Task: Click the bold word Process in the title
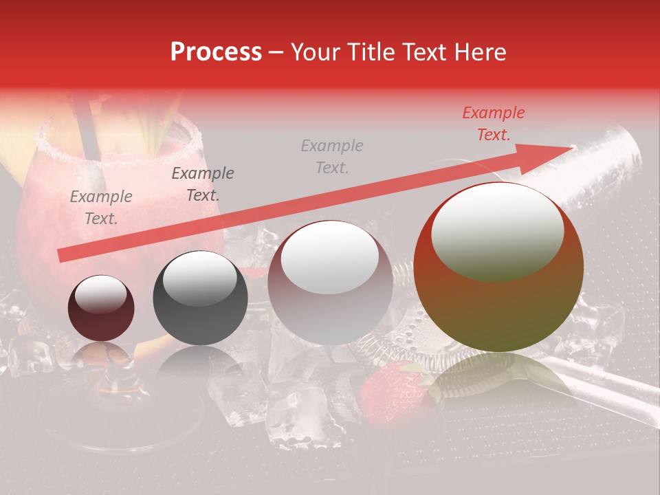[216, 52]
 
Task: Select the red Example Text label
[493, 124]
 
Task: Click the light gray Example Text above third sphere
[332, 156]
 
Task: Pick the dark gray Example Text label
[202, 184]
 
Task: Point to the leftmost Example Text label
[101, 207]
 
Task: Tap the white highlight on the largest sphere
[497, 230]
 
